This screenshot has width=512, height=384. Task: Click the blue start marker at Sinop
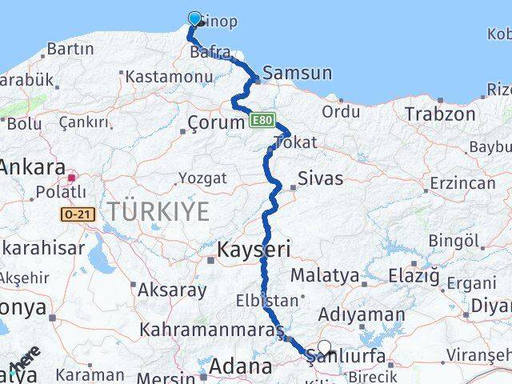[x=194, y=18]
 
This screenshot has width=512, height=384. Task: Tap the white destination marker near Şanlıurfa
[x=324, y=347]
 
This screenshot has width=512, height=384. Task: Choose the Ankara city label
[x=32, y=168]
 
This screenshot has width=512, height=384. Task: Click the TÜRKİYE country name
[x=158, y=212]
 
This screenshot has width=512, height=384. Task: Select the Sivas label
[x=320, y=178]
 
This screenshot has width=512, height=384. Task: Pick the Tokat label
[x=294, y=143]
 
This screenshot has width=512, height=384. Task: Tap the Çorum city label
[x=214, y=122]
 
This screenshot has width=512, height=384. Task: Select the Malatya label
[x=325, y=275]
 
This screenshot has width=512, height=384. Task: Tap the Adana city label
[x=241, y=367]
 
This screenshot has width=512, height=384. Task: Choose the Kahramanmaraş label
[x=212, y=330]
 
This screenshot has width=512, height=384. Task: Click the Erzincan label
[x=462, y=182]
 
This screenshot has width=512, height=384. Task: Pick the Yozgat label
[x=202, y=178]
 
